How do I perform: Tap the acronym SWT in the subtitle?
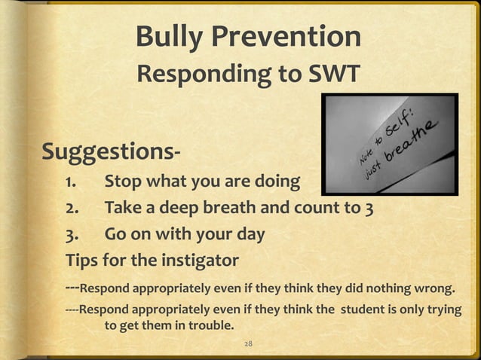(331, 75)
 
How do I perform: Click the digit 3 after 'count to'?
(369, 208)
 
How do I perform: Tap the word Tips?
(83, 261)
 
